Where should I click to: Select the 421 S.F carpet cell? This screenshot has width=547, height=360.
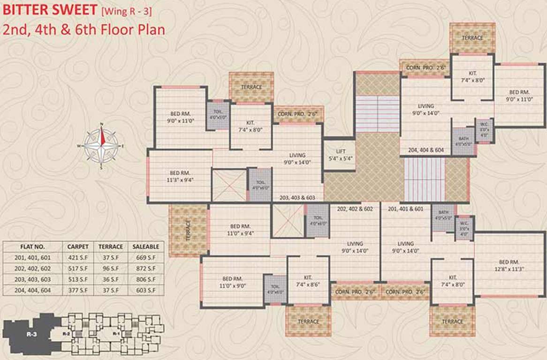pos(77,258)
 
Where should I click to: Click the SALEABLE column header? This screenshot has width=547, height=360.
pos(145,247)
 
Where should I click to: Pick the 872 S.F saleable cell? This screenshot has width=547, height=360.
pos(145,269)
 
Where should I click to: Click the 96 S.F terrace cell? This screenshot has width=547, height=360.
pos(110,269)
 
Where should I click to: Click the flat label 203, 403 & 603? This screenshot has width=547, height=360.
pos(297,198)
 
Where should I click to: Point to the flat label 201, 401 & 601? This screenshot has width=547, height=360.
pos(406,209)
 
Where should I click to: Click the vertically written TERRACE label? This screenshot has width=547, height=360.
pos(188,230)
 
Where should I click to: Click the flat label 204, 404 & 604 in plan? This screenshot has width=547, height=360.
pos(425,150)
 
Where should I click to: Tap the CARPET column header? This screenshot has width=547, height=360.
pos(77,247)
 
